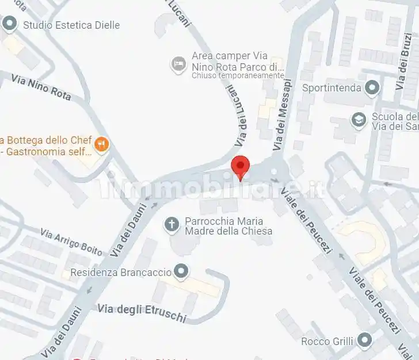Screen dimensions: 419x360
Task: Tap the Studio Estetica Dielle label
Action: [71, 25]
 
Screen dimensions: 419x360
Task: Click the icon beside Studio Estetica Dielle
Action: [9, 24]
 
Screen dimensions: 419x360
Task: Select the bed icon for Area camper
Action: [178, 63]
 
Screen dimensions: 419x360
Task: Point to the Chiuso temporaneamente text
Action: [238, 75]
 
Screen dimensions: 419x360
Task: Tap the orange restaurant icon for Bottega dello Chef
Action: [101, 144]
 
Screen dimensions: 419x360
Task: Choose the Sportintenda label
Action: [332, 88]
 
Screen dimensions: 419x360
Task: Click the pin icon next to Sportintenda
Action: [372, 88]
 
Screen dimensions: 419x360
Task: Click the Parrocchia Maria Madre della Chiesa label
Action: [228, 226]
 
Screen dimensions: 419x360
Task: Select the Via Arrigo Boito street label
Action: [71, 242]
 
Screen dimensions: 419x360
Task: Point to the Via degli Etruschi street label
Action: [142, 312]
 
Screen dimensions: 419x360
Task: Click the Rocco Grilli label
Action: [327, 341]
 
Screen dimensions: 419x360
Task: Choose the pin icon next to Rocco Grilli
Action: [364, 340]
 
